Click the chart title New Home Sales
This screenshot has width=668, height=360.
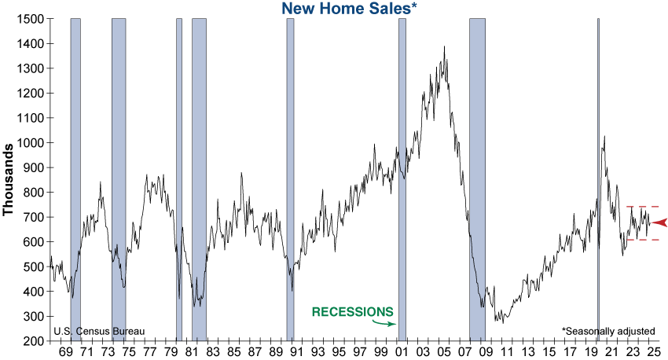[346, 9]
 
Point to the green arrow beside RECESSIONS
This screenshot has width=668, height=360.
[384, 321]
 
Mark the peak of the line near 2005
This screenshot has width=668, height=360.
[445, 46]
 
